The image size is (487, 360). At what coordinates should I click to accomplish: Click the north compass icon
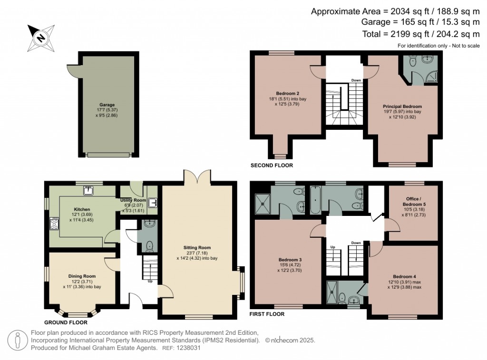point(41,38)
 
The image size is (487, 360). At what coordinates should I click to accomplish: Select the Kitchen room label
point(82,209)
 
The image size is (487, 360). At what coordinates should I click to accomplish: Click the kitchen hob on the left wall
point(53,224)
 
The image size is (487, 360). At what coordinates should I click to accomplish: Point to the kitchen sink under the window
point(88,191)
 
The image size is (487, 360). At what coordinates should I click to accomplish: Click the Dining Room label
point(82,276)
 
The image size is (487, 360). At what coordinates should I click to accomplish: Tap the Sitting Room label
point(197,248)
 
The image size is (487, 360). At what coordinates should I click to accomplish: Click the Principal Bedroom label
point(402,107)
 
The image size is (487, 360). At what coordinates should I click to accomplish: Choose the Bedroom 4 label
point(404,277)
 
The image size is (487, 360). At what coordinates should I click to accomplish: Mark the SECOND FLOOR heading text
point(272,165)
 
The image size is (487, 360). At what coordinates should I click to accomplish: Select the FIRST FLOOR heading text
point(267,314)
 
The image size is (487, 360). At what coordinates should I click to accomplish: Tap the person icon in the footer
point(18,340)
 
